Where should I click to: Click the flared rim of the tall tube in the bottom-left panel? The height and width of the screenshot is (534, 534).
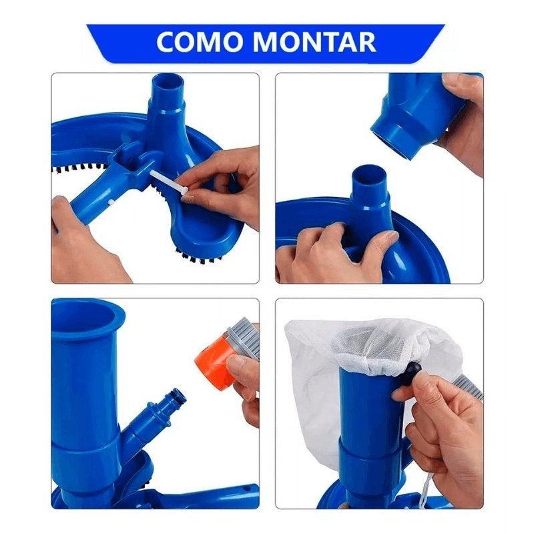[x=87, y=314]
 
